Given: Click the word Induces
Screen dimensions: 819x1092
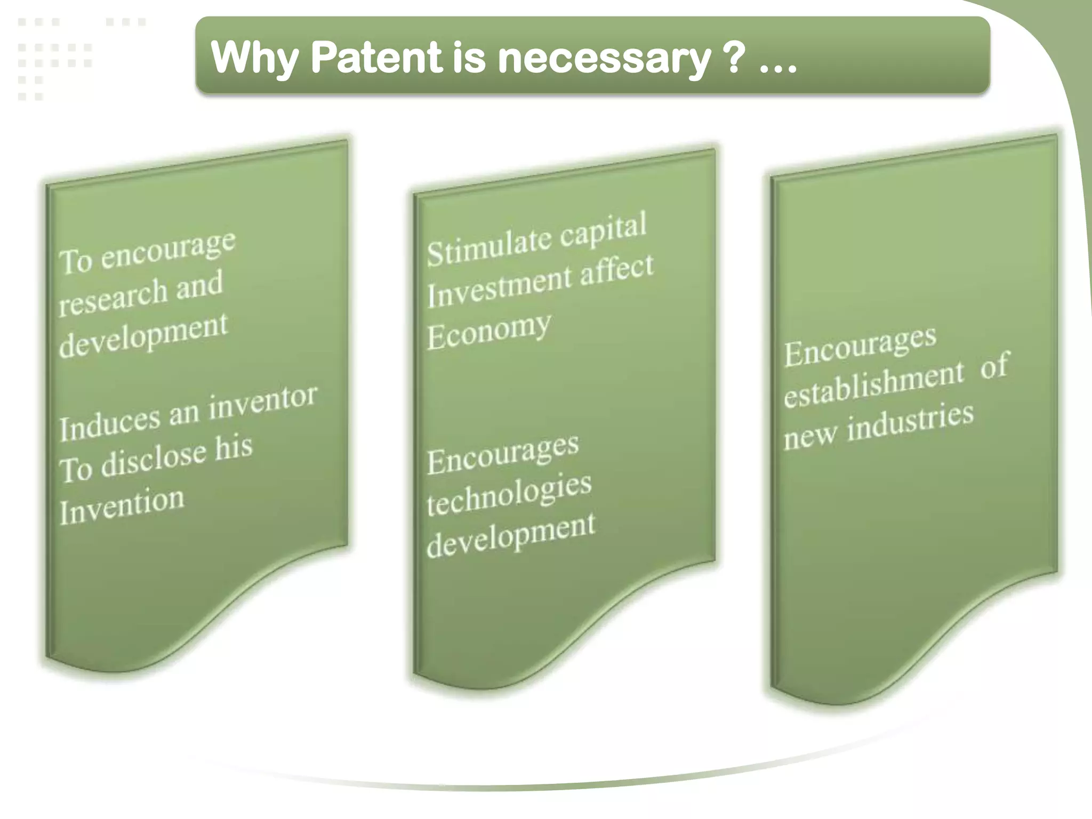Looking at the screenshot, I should (x=109, y=423).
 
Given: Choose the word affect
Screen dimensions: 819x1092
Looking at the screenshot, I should (x=616, y=269).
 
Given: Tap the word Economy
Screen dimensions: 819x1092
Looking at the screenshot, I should (x=489, y=331).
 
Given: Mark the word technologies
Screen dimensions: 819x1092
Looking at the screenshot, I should (x=509, y=495).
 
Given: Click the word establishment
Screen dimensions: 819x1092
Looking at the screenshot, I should (x=874, y=384).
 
